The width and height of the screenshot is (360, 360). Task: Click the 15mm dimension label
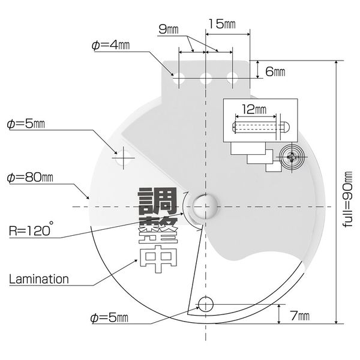click(x=222, y=24)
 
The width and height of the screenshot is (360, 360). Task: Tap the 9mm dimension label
click(x=168, y=29)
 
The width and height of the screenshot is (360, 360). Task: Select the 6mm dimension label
click(x=275, y=71)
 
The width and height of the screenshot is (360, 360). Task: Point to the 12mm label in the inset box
click(x=254, y=110)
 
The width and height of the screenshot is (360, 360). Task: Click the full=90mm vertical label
click(x=347, y=199)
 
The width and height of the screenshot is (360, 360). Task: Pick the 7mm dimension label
click(x=300, y=316)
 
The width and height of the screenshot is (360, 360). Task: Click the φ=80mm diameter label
click(x=30, y=178)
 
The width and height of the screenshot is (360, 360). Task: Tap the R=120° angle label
click(x=31, y=229)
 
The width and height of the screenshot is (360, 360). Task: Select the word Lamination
click(x=39, y=279)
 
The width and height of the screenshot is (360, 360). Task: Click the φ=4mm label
click(x=110, y=45)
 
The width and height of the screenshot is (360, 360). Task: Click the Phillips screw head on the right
click(x=292, y=157)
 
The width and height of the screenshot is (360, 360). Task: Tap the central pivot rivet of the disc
click(x=205, y=206)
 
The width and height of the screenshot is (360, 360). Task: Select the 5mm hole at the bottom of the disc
click(x=206, y=304)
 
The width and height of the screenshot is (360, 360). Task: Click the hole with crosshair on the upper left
click(x=124, y=158)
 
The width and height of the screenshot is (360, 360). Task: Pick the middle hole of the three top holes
click(x=206, y=78)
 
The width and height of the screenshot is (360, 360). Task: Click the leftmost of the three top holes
click(x=179, y=78)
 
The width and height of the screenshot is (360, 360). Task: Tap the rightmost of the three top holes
click(x=232, y=78)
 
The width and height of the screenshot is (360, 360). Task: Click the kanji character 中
click(x=158, y=259)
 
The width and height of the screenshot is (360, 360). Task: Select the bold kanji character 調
click(x=157, y=201)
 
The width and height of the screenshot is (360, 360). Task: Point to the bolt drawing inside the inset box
click(x=261, y=127)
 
